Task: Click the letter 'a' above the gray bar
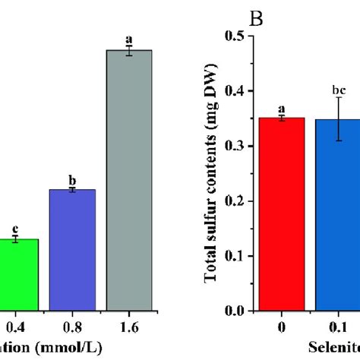(x=128, y=38)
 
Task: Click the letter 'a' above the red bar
(x=282, y=109)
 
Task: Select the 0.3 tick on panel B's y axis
(x=242, y=146)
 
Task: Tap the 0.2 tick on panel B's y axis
(x=242, y=201)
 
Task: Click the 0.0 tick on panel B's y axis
(x=242, y=311)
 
